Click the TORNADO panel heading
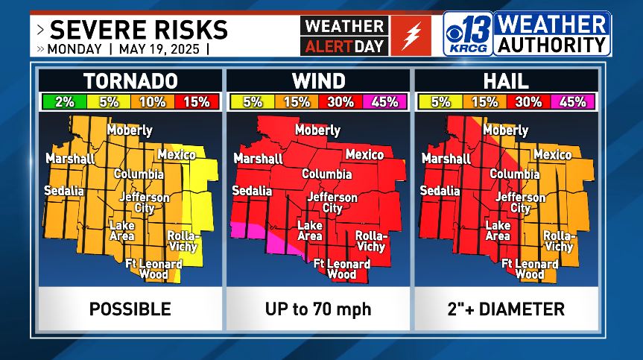pyautogui.click(x=130, y=80)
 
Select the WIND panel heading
pyautogui.click(x=318, y=80)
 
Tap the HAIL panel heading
pyautogui.click(x=506, y=80)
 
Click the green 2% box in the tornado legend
pyautogui.click(x=63, y=102)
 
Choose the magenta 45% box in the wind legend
pyautogui.click(x=384, y=102)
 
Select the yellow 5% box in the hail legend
pyautogui.click(x=440, y=102)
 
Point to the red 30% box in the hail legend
pyautogui.click(x=529, y=102)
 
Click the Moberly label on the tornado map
pyautogui.click(x=130, y=130)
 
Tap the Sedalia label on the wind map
pyautogui.click(x=252, y=191)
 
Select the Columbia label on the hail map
pyautogui.click(x=515, y=174)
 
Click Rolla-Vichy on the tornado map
pyautogui.click(x=182, y=241)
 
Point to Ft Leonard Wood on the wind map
pyautogui.click(x=342, y=269)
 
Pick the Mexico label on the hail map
pyautogui.click(x=553, y=154)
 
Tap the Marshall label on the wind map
pyautogui.click(x=258, y=158)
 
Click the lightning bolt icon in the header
pyautogui.click(x=411, y=35)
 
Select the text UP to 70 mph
pyautogui.click(x=318, y=309)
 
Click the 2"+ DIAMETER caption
pyautogui.click(x=506, y=309)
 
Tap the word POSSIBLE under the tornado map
pyautogui.click(x=130, y=309)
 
